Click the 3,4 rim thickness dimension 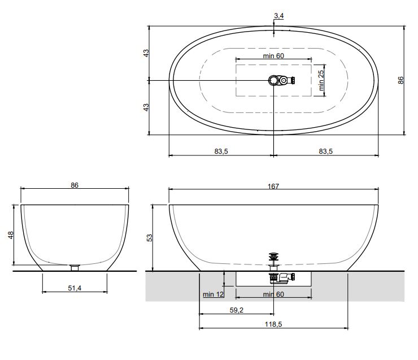coord(279,16)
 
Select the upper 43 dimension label coord(146,53)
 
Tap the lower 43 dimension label coord(146,107)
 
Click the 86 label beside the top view coord(400,80)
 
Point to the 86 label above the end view coord(75,185)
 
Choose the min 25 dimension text coord(321,80)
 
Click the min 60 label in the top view coord(273,56)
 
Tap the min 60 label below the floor coord(273,294)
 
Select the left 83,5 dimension coord(221,151)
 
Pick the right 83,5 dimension coord(326,151)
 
